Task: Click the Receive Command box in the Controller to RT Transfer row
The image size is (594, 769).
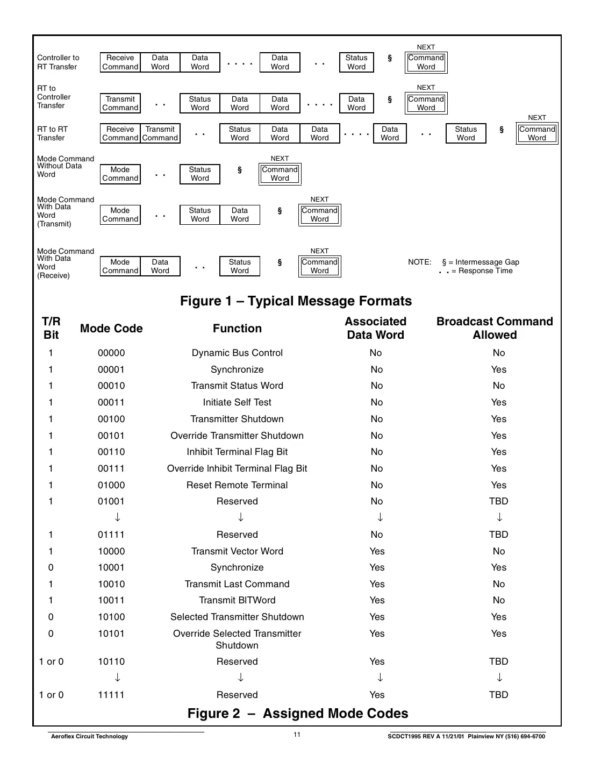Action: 120,62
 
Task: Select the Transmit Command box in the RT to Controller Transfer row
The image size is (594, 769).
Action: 120,103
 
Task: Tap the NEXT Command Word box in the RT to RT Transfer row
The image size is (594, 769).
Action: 536,133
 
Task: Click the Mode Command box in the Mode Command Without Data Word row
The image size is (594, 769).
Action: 120,174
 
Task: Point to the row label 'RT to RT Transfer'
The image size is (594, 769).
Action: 53,133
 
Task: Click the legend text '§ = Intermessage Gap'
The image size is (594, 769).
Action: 480,262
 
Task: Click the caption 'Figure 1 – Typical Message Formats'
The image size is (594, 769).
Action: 296,301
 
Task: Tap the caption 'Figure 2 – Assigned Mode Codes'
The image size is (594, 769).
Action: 297,714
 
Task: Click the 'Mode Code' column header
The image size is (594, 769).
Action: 111,329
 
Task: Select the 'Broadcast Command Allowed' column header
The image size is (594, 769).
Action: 495,328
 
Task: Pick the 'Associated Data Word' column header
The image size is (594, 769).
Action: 375,328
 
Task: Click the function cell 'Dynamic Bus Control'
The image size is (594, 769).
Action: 237,353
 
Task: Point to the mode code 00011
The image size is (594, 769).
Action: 111,402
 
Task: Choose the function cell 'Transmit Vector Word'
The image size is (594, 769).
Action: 237,551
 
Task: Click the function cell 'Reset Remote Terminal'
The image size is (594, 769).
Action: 237,485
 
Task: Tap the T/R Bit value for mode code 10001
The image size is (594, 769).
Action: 51,567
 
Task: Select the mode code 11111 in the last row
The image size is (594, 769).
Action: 111,695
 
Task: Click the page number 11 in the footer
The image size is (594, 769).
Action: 297,735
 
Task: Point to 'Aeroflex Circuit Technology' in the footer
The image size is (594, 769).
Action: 89,736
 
